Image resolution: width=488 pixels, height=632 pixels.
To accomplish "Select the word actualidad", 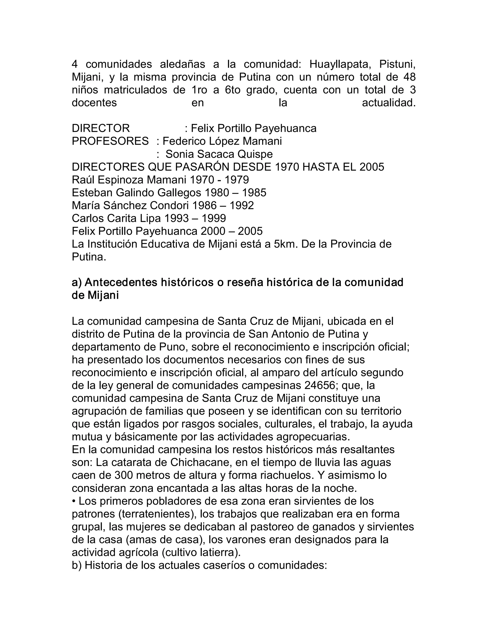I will coord(389,103).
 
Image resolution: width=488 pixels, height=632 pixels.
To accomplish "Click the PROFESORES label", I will coord(110,141).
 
